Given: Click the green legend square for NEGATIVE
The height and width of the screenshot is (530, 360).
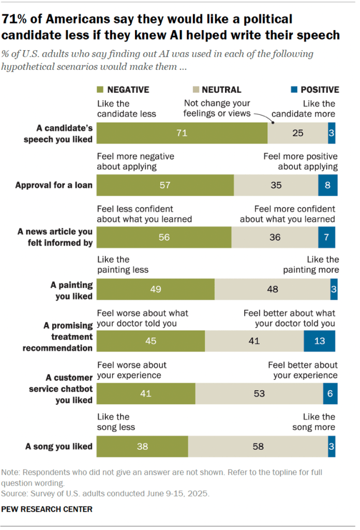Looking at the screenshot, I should click(100, 90).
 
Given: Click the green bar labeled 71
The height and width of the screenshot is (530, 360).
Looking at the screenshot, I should click(182, 133).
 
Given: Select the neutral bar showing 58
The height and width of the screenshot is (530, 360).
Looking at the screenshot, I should click(258, 446).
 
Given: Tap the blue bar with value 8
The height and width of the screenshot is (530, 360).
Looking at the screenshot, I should click(327, 185).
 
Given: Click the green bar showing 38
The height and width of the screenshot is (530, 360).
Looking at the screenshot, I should click(142, 446).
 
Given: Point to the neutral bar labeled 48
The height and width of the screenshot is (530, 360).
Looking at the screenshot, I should click(272, 289).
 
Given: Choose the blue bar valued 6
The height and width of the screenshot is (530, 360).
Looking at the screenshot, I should click(329, 394).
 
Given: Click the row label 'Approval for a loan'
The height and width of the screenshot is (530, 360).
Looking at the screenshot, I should click(54, 185).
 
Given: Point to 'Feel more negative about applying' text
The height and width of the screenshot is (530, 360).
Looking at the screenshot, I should click(136, 161).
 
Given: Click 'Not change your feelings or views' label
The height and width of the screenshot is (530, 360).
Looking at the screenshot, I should click(217, 108).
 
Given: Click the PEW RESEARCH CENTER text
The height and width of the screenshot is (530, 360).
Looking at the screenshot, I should click(47, 509).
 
